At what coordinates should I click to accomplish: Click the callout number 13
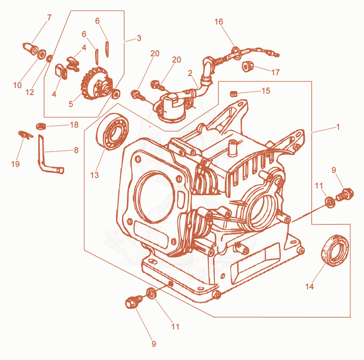pos(95,175)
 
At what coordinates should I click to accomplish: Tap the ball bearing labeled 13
pos(112,132)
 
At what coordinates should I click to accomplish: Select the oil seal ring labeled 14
pos(335,250)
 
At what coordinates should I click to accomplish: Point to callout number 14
pos(309,286)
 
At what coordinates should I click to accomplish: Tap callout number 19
pos(15,164)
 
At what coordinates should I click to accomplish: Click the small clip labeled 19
pos(25,134)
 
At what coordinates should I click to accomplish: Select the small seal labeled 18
pos(41,126)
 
